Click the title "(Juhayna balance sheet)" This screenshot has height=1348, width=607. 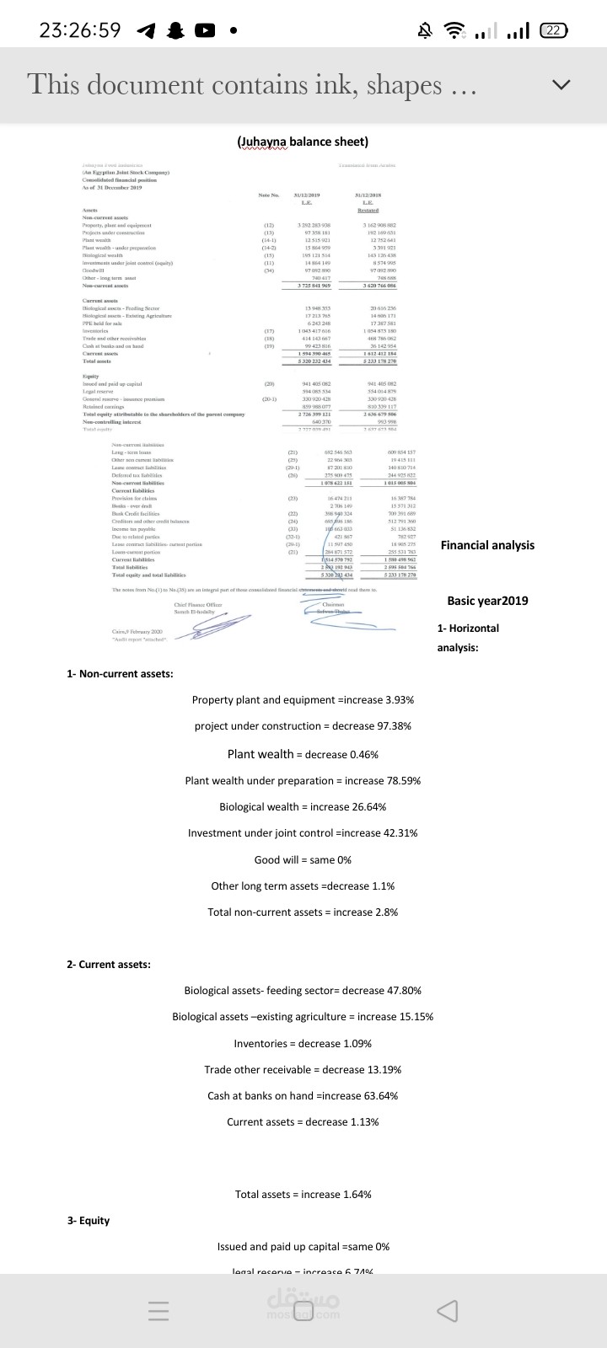point(303,142)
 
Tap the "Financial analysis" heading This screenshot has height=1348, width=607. point(487,545)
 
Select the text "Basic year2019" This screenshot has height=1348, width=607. point(488,601)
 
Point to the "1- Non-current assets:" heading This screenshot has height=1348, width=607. point(121,673)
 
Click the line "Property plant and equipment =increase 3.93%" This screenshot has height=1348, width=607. point(303,700)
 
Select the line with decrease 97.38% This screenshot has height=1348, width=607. point(303,726)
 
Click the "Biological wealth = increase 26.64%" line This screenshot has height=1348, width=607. point(303,807)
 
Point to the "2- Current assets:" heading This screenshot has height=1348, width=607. point(109,965)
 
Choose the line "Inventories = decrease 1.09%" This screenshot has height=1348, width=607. point(303,1044)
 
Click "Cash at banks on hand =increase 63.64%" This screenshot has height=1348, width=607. point(303,1096)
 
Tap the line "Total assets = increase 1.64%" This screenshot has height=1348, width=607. point(303,1195)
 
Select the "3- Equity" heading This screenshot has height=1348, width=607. point(89,1221)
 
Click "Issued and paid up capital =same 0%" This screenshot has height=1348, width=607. point(303,1247)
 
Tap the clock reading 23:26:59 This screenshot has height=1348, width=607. point(80,31)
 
